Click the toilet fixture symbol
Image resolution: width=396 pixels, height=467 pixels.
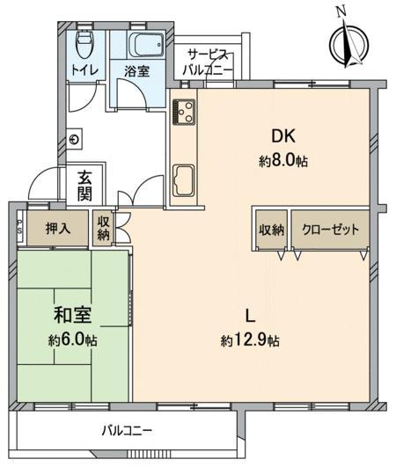(84, 44)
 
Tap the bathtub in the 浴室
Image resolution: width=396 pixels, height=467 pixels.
(147, 44)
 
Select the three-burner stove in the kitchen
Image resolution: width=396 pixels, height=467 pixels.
(184, 111)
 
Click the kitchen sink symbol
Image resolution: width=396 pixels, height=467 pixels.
(184, 180)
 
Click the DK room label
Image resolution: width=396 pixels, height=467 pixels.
(282, 136)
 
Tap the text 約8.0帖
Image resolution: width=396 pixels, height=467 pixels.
(283, 161)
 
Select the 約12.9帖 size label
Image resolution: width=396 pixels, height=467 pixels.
(250, 339)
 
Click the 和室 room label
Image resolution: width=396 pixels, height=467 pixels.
(73, 315)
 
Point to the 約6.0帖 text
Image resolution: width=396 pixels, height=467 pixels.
(73, 339)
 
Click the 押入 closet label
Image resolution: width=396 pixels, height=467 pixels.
(58, 228)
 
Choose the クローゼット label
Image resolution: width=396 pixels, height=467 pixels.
(330, 230)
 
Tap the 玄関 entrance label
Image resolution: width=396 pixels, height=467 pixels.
(85, 186)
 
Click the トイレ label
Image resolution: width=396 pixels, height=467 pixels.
(84, 70)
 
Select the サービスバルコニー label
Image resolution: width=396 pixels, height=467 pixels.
(208, 62)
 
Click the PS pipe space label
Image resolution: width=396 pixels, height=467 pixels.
(19, 226)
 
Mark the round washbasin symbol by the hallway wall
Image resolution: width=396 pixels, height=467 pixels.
(75, 139)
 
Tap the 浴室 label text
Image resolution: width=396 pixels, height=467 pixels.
(136, 72)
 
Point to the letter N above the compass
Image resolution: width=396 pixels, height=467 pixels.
(341, 11)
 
